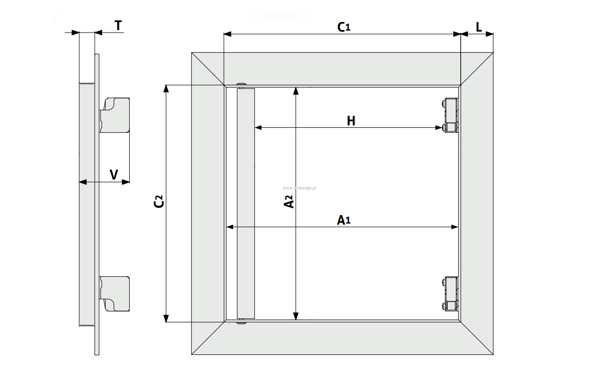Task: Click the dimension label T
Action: [118, 26]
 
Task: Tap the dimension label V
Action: [114, 174]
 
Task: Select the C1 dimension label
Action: [343, 27]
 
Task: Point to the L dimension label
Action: [479, 27]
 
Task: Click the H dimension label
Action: [351, 121]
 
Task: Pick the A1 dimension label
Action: [343, 220]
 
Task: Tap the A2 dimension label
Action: [289, 201]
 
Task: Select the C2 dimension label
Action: [159, 202]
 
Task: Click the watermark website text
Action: [300, 187]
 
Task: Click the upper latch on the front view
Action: [450, 116]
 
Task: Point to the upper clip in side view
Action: [116, 115]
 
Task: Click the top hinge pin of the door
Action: [242, 84]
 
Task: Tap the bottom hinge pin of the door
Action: [242, 322]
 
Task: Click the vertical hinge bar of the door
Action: [246, 203]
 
